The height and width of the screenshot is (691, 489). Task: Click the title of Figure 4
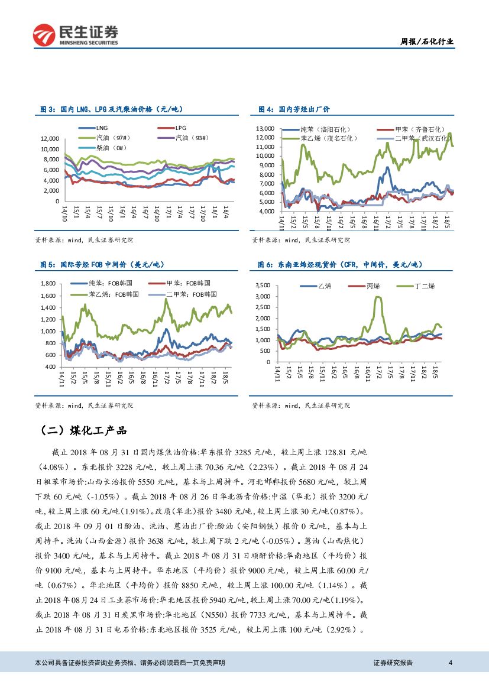point(294,109)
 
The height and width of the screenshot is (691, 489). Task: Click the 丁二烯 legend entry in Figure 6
point(425,286)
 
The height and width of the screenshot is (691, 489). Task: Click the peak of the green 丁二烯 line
point(378,297)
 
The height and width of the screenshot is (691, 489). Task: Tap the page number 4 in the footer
point(451,663)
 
